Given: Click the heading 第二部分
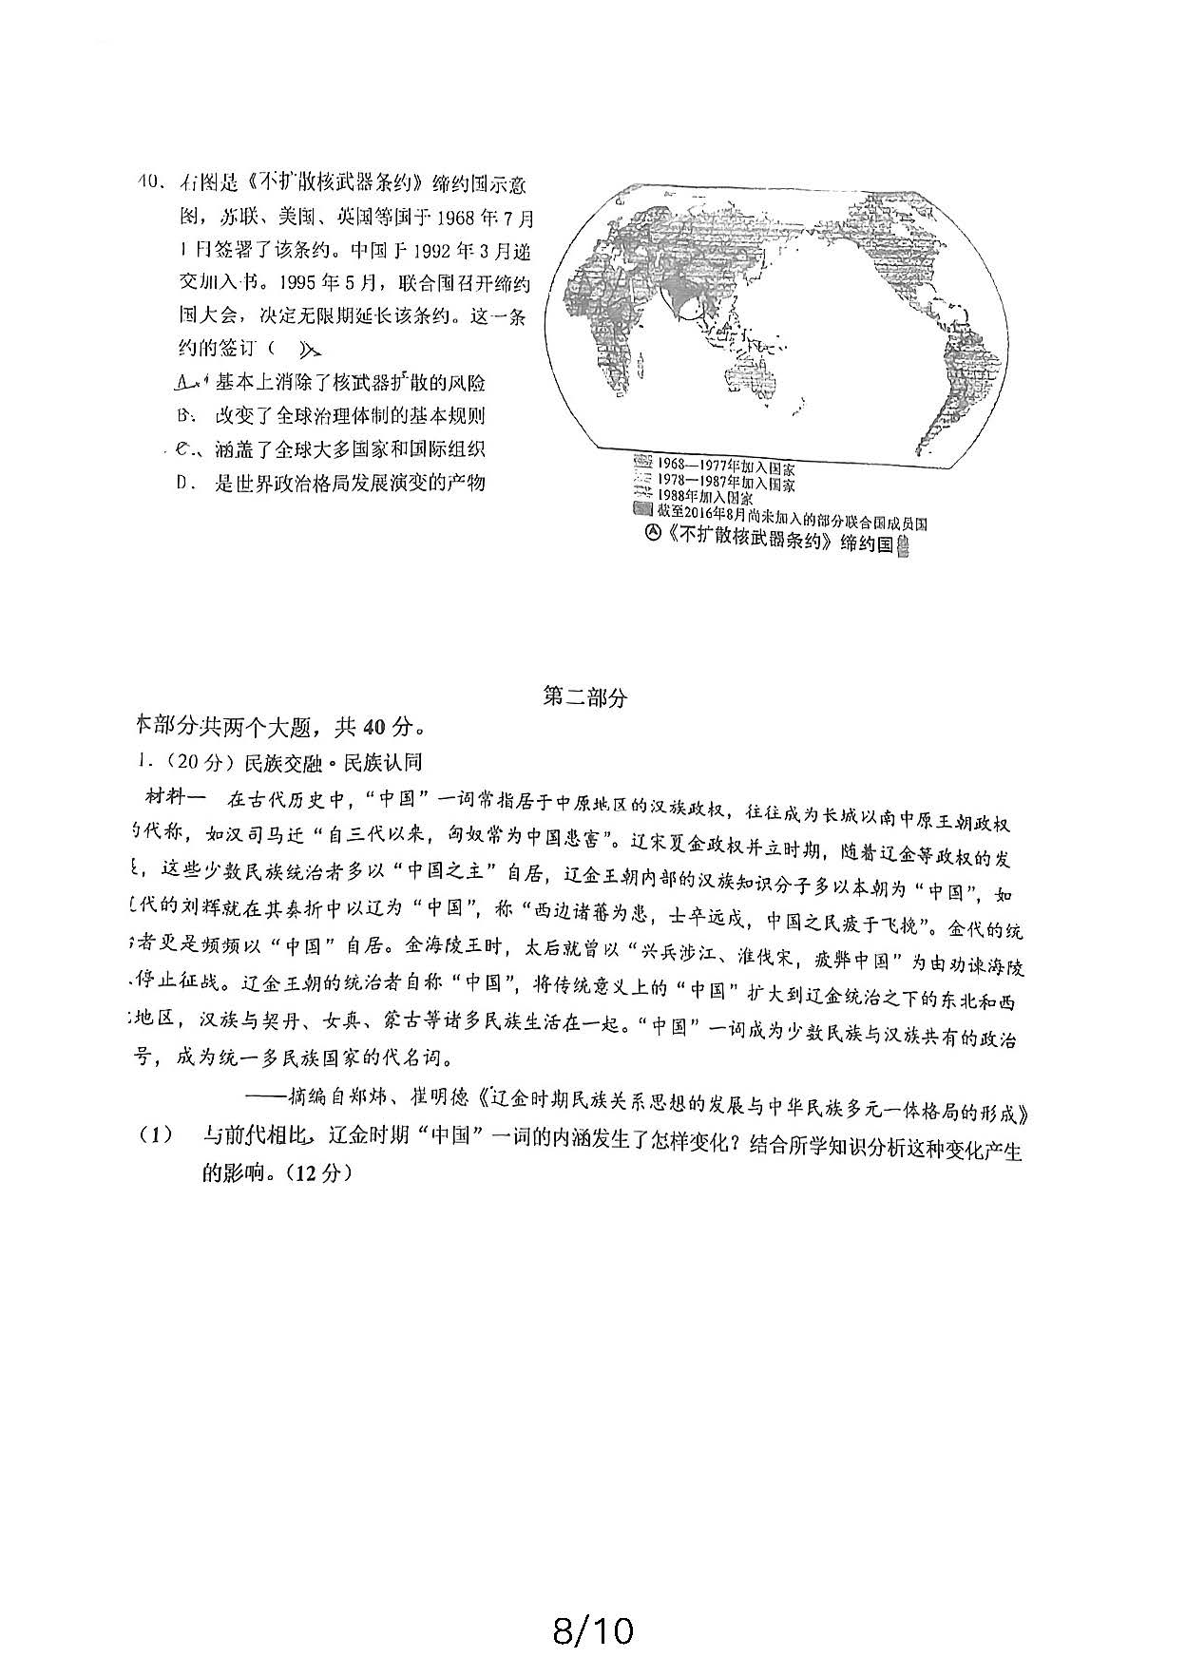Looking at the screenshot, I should click(584, 696).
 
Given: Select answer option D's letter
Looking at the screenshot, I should click(185, 483).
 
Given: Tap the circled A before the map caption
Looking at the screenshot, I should click(652, 532).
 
